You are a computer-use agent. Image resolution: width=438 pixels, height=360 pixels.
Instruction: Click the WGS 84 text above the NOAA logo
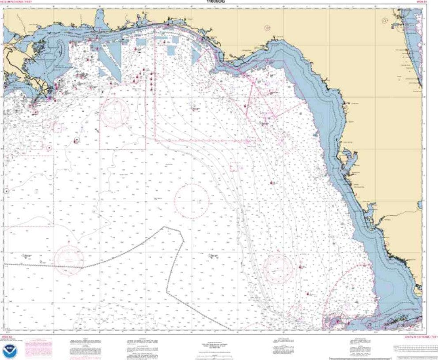click(6, 337)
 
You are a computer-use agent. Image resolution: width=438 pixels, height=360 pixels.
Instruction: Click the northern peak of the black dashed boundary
click(166, 228)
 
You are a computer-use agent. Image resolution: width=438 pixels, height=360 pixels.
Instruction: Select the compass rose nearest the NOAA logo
click(69, 257)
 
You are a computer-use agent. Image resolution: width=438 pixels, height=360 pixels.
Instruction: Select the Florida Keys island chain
click(397, 322)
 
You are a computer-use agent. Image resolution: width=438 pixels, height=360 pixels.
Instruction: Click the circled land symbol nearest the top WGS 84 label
click(385, 21)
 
